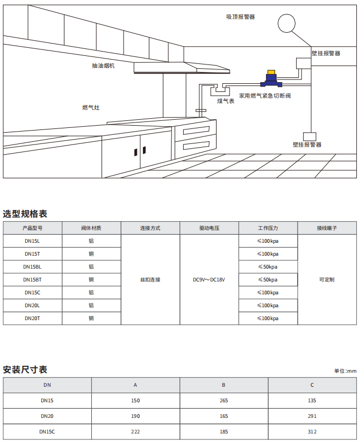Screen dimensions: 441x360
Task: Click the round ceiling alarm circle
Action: [287, 23]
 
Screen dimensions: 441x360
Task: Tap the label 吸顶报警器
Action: [240, 17]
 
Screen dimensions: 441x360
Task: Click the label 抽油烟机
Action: [103, 66]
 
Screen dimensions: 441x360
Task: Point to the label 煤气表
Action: [226, 101]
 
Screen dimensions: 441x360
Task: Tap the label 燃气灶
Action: [91, 107]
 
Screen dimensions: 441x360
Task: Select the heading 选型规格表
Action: [25, 214]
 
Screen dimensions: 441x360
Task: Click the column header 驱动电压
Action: [209, 228]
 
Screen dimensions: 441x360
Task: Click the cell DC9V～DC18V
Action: [209, 280]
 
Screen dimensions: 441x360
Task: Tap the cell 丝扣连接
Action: [150, 280]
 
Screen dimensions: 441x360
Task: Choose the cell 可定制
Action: [327, 280]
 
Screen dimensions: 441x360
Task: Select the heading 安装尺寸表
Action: [25, 370]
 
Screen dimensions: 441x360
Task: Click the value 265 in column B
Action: [224, 401]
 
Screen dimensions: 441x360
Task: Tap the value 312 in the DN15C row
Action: [312, 432]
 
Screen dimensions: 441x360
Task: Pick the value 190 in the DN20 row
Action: [135, 416]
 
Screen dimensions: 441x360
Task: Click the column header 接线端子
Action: [327, 228]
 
